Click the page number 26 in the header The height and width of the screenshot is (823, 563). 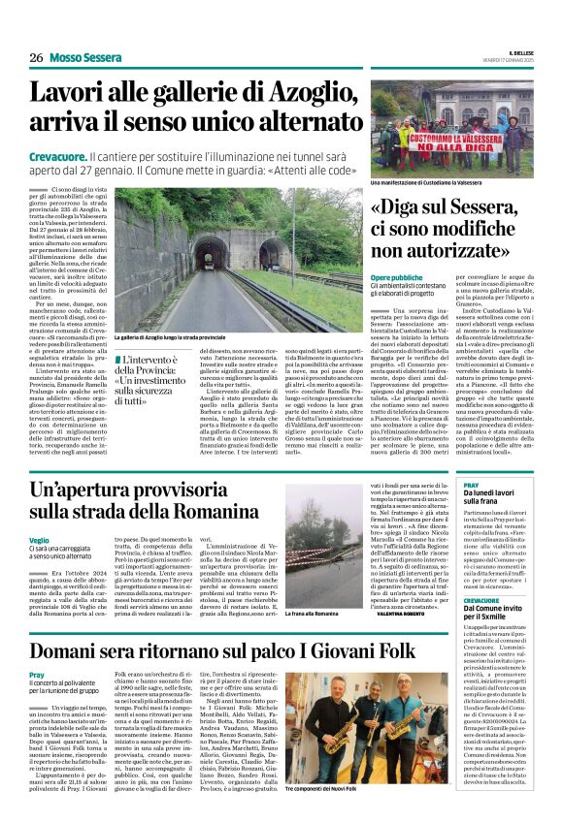tap(36, 57)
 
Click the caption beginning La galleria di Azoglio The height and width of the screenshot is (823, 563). tap(171, 336)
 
